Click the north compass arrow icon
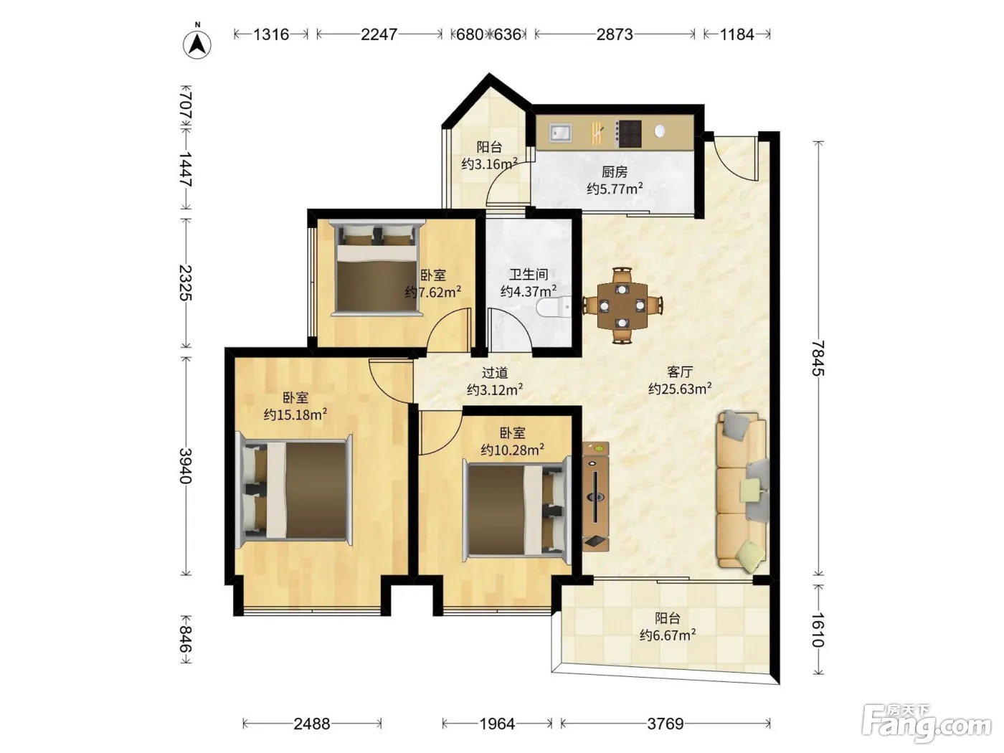point(197,44)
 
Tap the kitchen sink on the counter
point(560,133)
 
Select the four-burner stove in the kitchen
point(628,133)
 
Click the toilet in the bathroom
point(554,307)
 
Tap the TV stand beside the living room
point(595,496)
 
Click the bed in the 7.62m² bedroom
point(377,268)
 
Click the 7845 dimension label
point(818,359)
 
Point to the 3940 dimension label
point(186,465)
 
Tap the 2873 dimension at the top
point(615,34)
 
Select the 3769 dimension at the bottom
point(666,724)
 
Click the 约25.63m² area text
point(680,389)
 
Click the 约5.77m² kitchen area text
point(615,189)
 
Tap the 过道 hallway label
point(494,373)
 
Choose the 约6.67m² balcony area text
point(668,635)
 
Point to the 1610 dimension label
point(818,630)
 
